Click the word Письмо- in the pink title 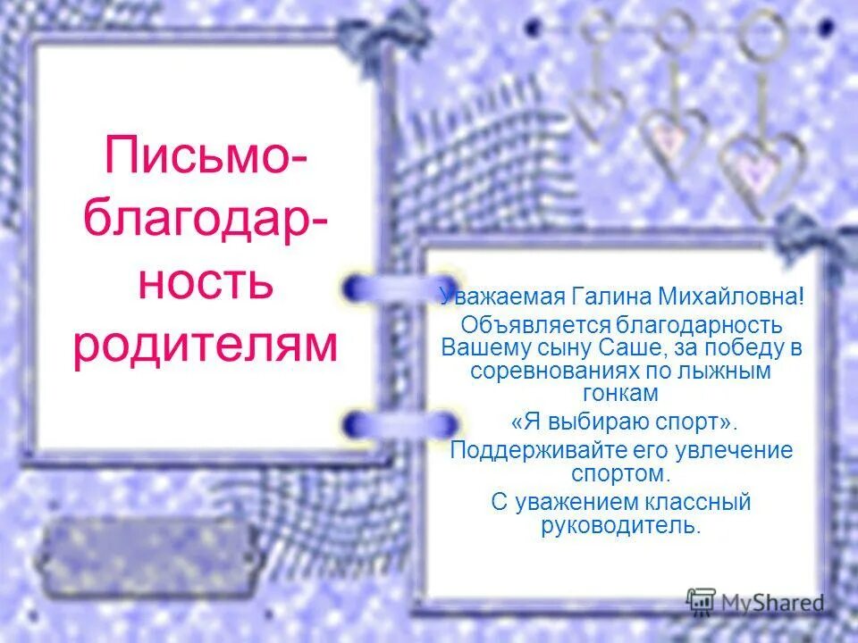click(206, 155)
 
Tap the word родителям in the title click(206, 346)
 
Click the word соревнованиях click(559, 369)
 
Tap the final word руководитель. click(621, 525)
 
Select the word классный click(697, 503)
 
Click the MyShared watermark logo click(755, 602)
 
